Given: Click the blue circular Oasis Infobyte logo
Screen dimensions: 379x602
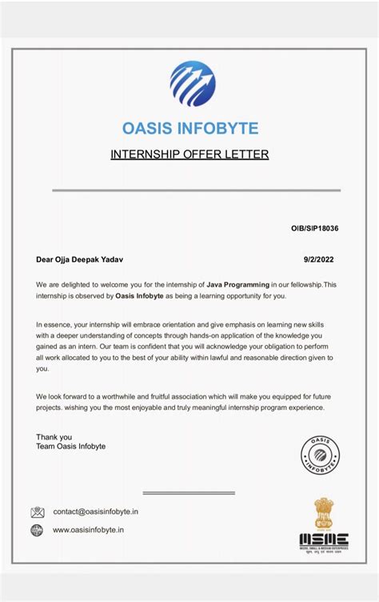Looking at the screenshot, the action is tap(193, 84).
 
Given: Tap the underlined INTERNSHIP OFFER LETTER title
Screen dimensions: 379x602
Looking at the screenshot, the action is tap(189, 154).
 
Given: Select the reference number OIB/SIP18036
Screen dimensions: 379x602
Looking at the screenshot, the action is tap(314, 228).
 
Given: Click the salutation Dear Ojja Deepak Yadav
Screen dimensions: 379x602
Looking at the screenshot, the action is tap(80, 259).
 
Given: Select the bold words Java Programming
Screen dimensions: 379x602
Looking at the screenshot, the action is tap(237, 284).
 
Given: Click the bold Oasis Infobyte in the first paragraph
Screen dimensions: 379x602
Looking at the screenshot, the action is tap(139, 295).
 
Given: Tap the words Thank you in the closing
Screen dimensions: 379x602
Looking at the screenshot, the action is tap(54, 437).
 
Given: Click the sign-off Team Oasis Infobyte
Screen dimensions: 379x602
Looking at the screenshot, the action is tap(70, 447).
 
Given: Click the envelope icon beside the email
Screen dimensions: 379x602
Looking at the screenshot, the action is tap(38, 512).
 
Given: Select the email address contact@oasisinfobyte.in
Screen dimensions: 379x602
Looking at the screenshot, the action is tap(95, 512).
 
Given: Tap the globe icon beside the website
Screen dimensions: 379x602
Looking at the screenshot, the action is tap(38, 530).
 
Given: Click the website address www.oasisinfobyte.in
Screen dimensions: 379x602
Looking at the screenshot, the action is tap(89, 530).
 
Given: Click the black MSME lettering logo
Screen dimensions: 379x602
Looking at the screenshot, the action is tap(324, 539).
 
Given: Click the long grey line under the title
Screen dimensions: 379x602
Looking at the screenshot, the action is tap(196, 191).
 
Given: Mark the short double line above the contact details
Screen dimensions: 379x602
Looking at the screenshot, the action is tap(189, 493).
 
